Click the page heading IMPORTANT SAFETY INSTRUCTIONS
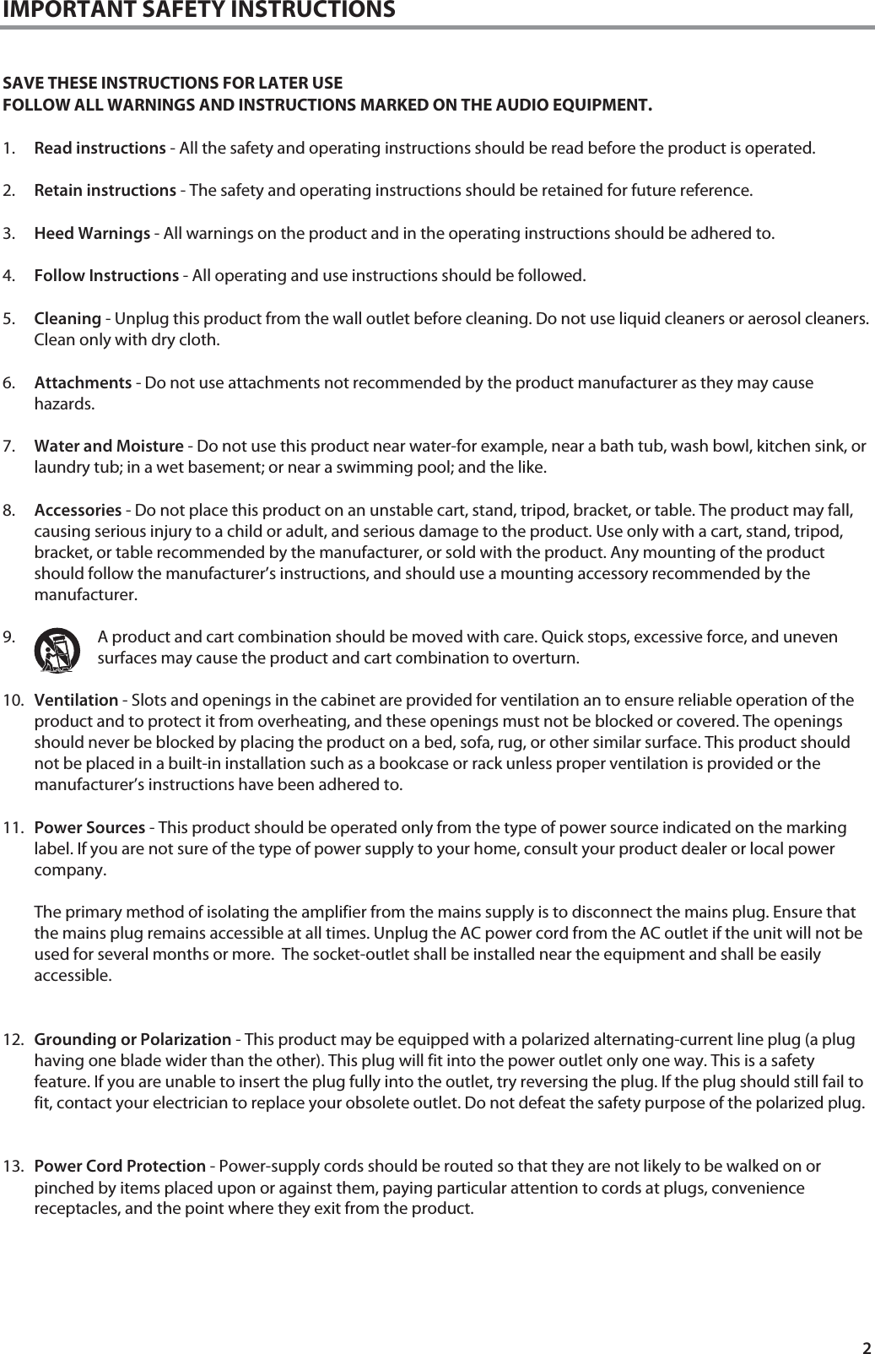tap(198, 10)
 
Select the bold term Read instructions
tap(100, 149)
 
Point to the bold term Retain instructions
tap(105, 190)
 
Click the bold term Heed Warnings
tap(92, 233)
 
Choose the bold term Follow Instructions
tap(105, 275)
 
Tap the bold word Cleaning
tap(68, 318)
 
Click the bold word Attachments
tap(83, 383)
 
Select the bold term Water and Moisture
tap(109, 446)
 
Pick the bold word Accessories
tap(78, 511)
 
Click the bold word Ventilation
tap(76, 701)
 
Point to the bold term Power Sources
tap(89, 827)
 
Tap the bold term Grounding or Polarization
tap(132, 1039)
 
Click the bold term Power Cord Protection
tap(120, 1167)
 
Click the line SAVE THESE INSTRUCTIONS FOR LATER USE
tap(173, 84)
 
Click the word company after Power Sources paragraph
tap(70, 870)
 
